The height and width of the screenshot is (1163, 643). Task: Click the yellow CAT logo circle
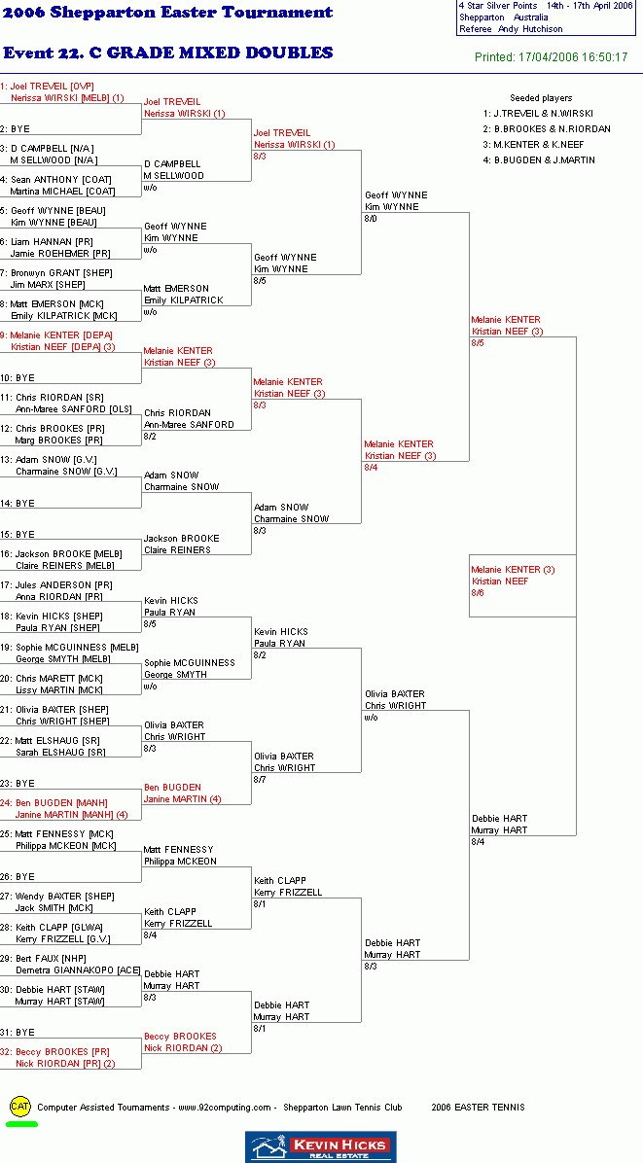click(20, 1107)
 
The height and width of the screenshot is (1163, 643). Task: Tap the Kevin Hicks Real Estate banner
click(320, 1146)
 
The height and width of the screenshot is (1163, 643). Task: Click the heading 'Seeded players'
click(541, 98)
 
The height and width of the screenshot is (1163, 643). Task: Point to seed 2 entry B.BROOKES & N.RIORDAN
click(547, 129)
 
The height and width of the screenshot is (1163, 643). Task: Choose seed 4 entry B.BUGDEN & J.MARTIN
click(539, 160)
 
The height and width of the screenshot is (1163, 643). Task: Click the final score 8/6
click(478, 592)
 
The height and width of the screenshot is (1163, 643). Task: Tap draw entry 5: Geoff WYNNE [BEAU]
click(53, 211)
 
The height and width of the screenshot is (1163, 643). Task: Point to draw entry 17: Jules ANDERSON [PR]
click(56, 584)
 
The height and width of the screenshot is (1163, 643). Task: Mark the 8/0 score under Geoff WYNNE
click(371, 219)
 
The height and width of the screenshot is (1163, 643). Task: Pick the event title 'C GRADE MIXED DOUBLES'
click(211, 53)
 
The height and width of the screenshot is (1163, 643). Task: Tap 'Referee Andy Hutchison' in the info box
click(511, 29)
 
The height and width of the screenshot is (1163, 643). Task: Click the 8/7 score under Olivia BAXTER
click(260, 780)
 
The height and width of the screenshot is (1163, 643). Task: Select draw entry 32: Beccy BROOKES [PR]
click(54, 1052)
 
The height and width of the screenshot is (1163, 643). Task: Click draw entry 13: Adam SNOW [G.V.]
click(49, 460)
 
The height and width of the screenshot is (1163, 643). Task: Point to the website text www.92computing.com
click(225, 1108)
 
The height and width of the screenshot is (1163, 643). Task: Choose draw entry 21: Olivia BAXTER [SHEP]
click(54, 709)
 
